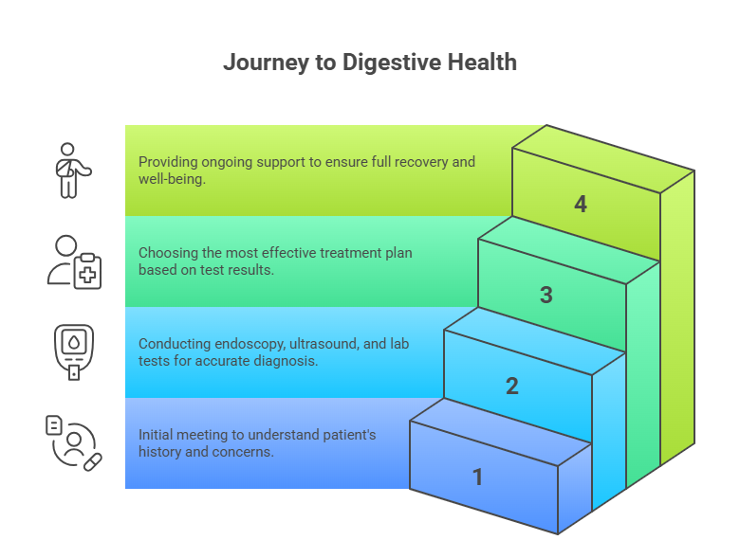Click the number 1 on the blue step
[x=478, y=477]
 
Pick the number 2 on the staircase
[x=512, y=386]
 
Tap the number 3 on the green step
[x=546, y=295]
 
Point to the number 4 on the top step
[x=581, y=204]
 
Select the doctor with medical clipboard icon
[x=74, y=261]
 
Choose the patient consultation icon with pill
[x=73, y=442]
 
